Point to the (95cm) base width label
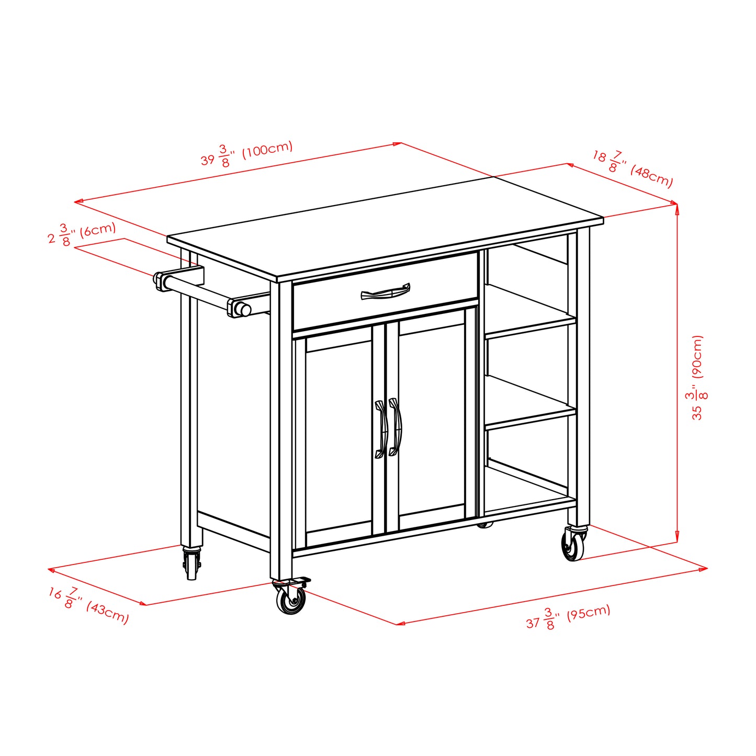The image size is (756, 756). (x=588, y=613)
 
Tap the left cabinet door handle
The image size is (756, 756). (x=380, y=428)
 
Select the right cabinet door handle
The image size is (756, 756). (x=396, y=427)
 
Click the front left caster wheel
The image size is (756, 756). (x=291, y=600)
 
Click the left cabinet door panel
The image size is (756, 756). (x=338, y=437)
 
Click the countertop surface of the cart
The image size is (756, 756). (x=385, y=230)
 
